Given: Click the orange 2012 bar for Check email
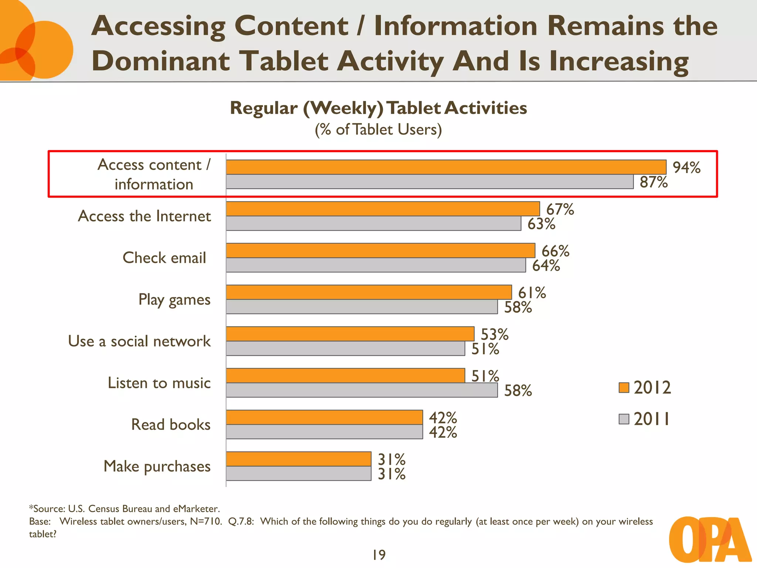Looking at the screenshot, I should [380, 251].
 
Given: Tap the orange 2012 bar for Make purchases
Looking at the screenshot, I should [298, 459].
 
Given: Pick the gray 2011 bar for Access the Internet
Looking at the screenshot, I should [373, 223].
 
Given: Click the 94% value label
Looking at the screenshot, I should [686, 168].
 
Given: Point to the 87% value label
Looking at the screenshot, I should [654, 182].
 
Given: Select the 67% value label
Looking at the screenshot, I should [560, 209].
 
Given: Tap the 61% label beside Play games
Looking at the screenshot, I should [532, 293].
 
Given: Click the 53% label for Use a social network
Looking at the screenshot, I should [494, 334].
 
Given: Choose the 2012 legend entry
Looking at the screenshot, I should [645, 388].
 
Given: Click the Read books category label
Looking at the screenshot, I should [171, 425].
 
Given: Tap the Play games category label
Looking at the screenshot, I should [174, 300].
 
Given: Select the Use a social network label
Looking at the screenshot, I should [139, 341].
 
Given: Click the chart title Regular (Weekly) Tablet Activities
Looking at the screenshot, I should [378, 108].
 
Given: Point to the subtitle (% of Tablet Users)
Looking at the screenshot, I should [378, 129].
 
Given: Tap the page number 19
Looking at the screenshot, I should [379, 555].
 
